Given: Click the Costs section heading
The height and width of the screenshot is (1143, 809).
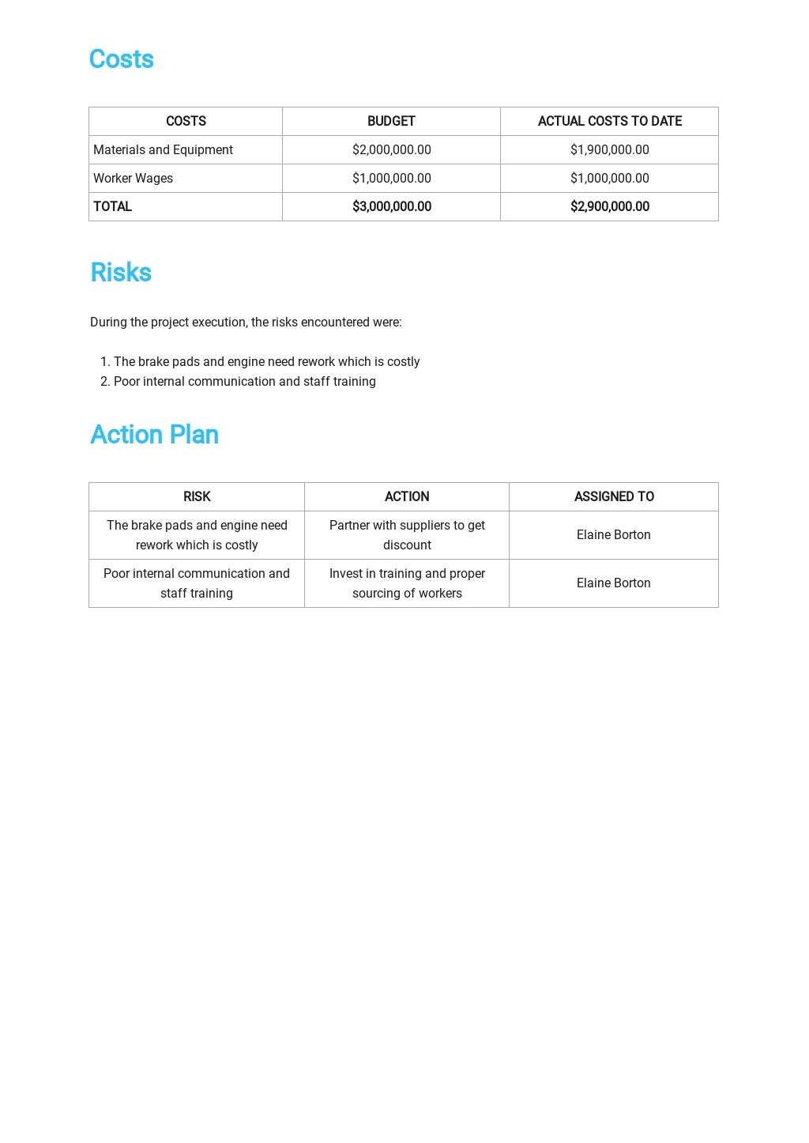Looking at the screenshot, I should (122, 59).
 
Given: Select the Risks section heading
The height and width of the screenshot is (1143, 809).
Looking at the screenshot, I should (121, 273).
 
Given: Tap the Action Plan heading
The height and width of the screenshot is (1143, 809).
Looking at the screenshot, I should (154, 435).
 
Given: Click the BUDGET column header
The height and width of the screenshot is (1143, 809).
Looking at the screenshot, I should (391, 121).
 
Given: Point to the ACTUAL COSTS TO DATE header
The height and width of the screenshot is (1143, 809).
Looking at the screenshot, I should (610, 121).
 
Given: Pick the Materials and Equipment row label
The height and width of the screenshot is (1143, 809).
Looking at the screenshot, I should (163, 150).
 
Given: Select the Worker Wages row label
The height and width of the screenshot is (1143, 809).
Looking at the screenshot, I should (133, 179).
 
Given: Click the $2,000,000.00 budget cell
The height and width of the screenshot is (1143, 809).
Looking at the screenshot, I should (392, 150).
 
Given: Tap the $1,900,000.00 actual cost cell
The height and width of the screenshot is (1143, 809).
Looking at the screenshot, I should (610, 150).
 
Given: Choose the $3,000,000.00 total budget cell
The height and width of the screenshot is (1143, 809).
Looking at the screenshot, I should (392, 207).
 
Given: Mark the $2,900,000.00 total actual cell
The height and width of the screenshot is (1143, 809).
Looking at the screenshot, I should (610, 207).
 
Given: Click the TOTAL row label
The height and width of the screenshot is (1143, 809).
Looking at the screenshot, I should (113, 207).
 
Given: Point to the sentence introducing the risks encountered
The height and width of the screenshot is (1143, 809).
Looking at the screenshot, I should (246, 323).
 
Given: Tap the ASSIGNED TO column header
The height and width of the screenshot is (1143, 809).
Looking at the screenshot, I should (614, 496).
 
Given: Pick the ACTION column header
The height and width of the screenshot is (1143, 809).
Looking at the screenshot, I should (407, 496).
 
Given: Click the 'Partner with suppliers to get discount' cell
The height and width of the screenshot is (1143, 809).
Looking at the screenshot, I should (407, 535).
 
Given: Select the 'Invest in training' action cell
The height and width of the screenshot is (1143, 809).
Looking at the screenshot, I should (407, 583).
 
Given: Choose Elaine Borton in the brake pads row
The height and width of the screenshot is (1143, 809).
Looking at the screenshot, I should (614, 535).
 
